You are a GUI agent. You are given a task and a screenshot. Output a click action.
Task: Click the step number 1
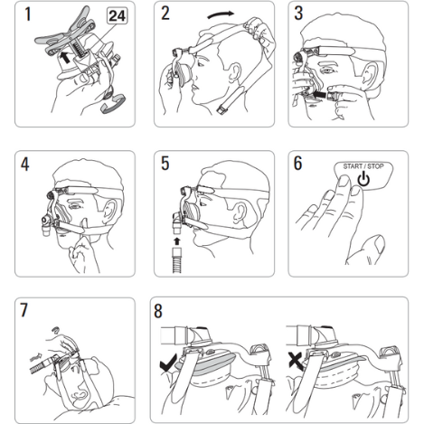(28, 14)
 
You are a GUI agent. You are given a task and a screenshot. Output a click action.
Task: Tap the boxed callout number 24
(118, 16)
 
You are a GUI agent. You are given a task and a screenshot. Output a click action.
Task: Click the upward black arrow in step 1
(65, 57)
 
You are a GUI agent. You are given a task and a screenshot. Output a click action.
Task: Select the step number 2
(165, 14)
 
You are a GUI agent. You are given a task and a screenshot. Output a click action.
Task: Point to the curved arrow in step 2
(221, 14)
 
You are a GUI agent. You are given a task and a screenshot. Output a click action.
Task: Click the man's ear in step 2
(235, 74)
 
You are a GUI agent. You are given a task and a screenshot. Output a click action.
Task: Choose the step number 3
(298, 14)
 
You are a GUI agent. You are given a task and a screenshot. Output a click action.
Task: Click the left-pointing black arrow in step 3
(320, 95)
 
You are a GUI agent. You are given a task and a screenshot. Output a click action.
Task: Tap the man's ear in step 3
(371, 75)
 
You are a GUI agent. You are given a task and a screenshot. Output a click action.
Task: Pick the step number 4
(24, 165)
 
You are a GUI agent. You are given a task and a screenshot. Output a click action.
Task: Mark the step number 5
(165, 164)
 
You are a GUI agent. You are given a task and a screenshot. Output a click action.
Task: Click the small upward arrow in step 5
(177, 241)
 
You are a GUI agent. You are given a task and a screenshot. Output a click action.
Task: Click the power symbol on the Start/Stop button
(363, 179)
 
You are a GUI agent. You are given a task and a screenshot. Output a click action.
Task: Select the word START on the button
(353, 166)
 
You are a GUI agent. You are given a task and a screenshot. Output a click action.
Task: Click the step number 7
(24, 310)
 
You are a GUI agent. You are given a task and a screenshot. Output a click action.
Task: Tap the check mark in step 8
(168, 363)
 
